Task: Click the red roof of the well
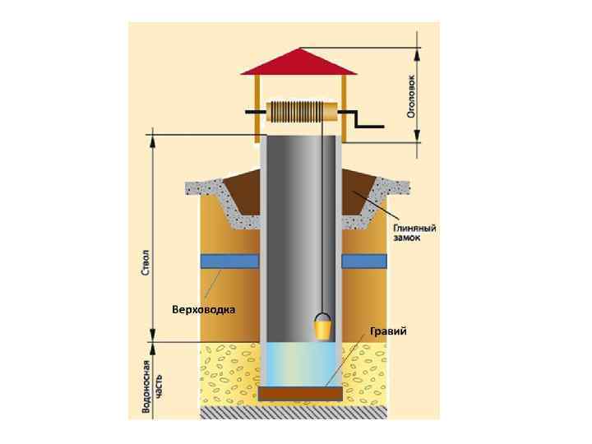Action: point(298,62)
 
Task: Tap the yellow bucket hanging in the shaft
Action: point(322,328)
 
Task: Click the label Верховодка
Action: point(204,310)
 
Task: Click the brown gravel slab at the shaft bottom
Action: point(300,394)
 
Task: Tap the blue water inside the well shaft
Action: point(300,366)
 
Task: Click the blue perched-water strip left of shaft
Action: point(229,261)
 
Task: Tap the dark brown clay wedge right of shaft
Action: point(357,192)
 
